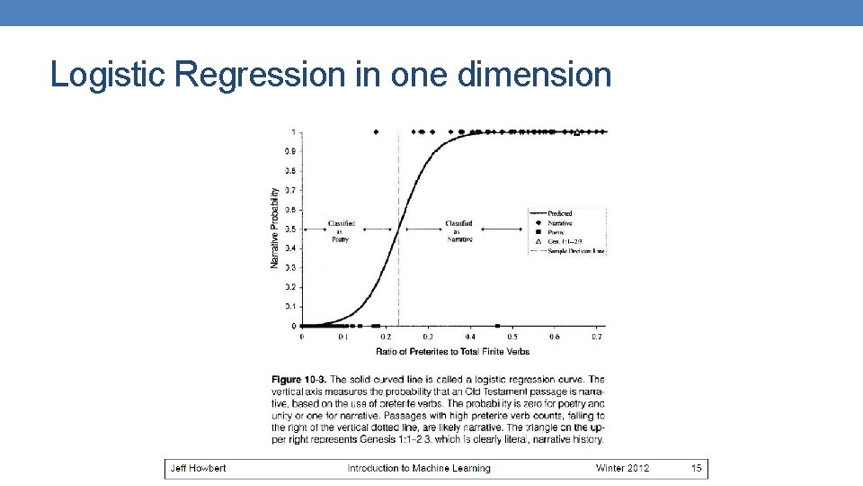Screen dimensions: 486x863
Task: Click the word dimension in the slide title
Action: [534, 75]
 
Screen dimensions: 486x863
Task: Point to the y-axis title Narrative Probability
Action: [274, 228]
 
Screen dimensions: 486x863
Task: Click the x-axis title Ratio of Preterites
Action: [452, 351]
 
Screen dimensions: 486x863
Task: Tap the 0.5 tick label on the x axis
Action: [512, 337]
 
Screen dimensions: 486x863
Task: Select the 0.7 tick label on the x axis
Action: [596, 337]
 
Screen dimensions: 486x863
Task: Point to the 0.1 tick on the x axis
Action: [343, 337]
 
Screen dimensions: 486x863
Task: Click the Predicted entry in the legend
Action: [559, 213]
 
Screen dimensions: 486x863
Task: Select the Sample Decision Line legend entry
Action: [576, 251]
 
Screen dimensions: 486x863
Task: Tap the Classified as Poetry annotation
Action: [341, 230]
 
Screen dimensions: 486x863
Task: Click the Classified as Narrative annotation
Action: [458, 230]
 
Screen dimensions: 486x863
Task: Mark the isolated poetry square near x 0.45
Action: [497, 326]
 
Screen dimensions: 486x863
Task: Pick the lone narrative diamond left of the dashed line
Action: [375, 132]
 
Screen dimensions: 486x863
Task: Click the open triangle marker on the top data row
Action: [577, 132]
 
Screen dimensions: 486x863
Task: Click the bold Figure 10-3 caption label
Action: [301, 380]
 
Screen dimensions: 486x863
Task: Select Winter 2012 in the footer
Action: [622, 468]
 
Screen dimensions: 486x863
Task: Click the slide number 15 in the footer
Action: [696, 468]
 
